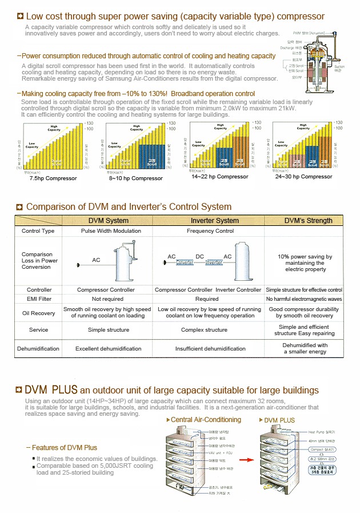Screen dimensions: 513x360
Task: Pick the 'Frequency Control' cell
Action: [210, 231]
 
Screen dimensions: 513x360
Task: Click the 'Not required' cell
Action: [107, 299]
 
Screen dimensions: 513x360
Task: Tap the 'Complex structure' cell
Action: [204, 330]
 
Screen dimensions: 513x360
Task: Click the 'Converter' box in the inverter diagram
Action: [185, 263]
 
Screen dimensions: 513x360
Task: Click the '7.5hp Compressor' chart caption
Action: [53, 178]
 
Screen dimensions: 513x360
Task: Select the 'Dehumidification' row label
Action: [38, 348]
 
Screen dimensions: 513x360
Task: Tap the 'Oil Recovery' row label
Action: [39, 313]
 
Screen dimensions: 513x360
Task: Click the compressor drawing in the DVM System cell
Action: [123, 262]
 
